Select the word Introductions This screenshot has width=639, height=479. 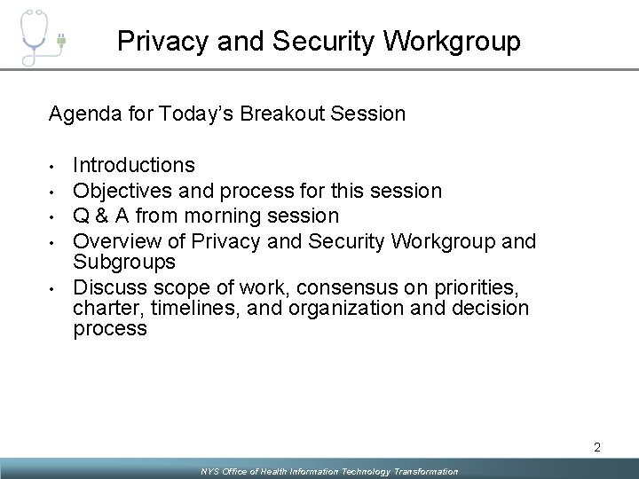133,165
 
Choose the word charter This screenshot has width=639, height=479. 100,308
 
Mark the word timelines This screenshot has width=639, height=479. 183,308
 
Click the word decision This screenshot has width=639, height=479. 492,308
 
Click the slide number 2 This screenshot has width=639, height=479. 597,448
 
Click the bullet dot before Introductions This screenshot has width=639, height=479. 54,166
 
